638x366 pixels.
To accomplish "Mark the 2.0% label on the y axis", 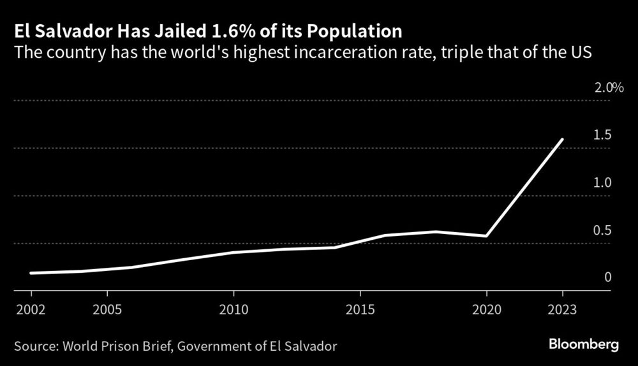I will (609, 87).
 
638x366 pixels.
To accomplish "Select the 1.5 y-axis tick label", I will (603, 135).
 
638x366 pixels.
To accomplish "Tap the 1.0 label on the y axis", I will (603, 182).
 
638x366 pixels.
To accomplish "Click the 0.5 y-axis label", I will (603, 230).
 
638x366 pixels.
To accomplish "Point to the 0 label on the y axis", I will (608, 277).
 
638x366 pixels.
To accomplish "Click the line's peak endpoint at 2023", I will (563, 139).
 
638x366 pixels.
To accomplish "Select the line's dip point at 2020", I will (487, 236).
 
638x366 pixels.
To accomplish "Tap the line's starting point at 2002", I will (31, 273).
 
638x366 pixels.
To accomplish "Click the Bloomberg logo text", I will (584, 345).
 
